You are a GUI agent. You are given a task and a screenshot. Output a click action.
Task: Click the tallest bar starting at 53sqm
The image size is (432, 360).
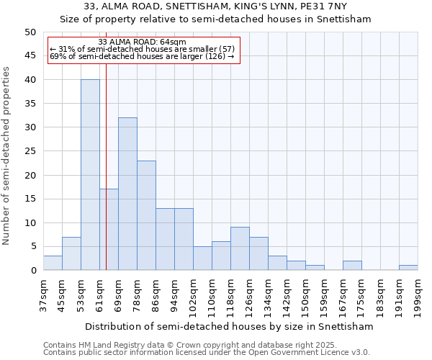(x=90, y=175)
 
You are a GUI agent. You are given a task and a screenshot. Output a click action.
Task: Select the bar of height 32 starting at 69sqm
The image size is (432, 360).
(x=127, y=194)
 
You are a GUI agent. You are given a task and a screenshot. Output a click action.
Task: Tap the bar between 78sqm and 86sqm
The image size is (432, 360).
(x=146, y=215)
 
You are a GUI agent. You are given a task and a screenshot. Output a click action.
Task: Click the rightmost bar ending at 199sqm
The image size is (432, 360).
(x=408, y=268)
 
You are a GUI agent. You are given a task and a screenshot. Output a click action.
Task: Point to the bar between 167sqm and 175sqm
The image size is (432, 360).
(x=352, y=266)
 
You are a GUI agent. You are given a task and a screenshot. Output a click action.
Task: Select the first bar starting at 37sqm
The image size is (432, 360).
(x=53, y=263)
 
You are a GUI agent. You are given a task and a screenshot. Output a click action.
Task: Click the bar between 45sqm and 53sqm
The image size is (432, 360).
(x=71, y=253)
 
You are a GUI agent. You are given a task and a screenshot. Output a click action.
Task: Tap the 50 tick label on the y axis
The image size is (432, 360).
(x=30, y=32)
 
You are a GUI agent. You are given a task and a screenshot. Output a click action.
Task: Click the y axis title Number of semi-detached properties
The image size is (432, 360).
(x=7, y=156)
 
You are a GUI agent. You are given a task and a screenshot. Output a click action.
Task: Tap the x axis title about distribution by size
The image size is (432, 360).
(x=229, y=326)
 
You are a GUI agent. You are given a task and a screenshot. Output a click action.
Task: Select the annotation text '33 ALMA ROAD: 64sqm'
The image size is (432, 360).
(x=141, y=42)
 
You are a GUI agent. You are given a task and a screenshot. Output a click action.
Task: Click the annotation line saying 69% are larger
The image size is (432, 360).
(x=142, y=56)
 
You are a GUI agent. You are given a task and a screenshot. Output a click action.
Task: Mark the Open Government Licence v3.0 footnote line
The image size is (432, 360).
(x=207, y=352)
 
